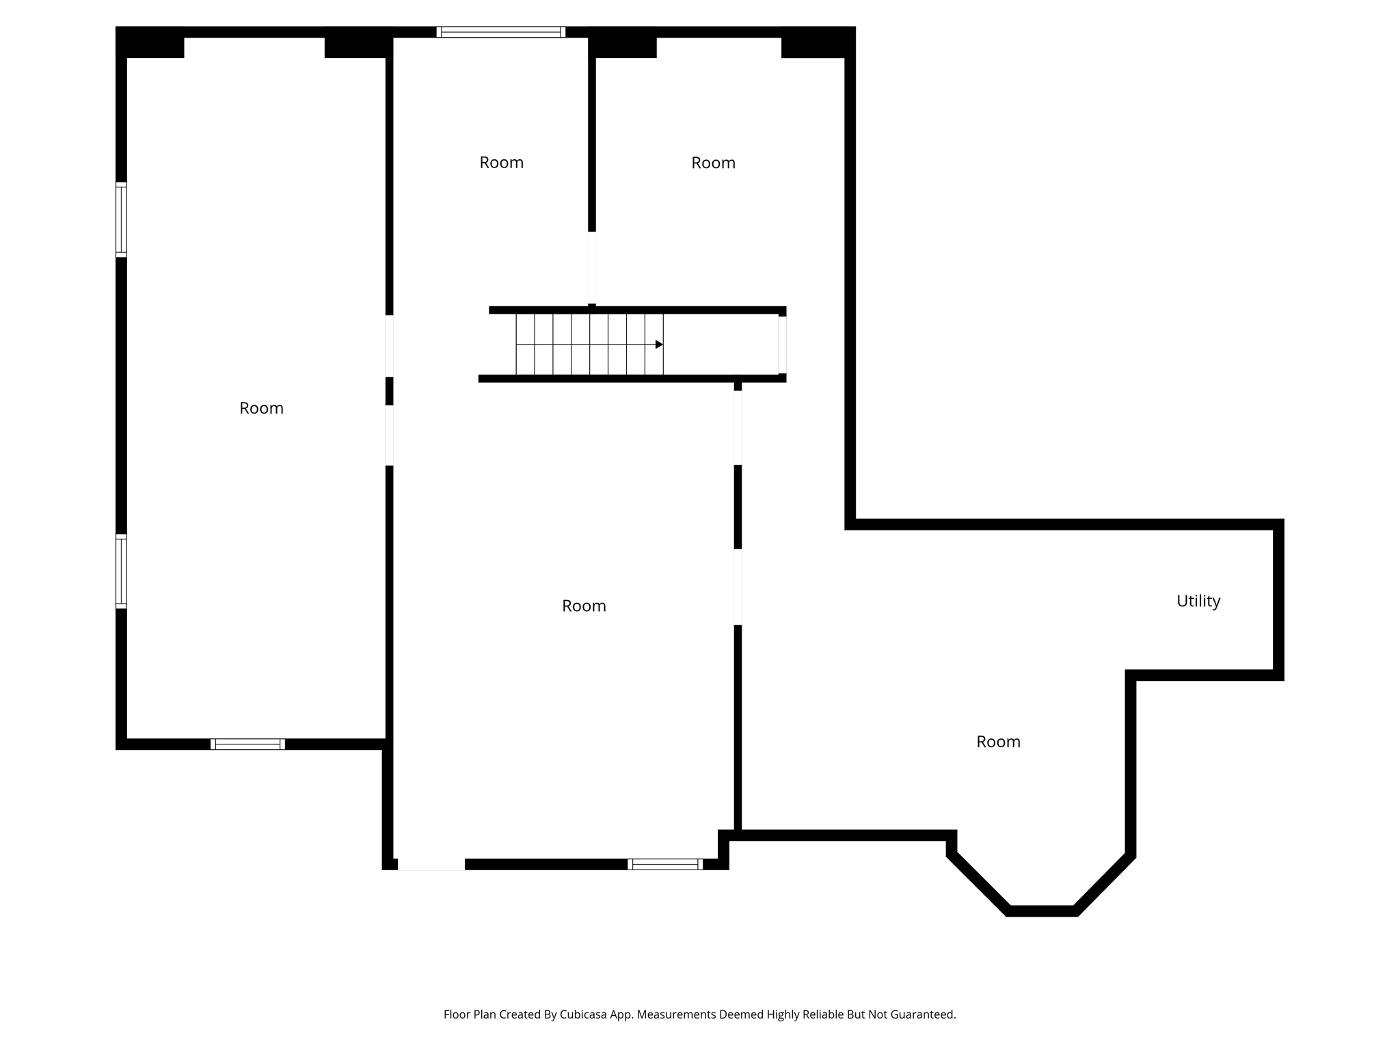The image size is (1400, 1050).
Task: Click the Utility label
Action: point(1198,601)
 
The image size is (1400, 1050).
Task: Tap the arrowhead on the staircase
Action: point(659,345)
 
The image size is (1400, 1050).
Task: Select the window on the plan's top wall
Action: point(501,32)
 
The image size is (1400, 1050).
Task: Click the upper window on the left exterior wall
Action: point(121,220)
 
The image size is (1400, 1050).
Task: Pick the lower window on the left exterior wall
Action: point(121,571)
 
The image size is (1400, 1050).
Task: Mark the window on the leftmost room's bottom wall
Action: point(247,744)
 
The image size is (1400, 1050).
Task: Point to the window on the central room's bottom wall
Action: point(665,864)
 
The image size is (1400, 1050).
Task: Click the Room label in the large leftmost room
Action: point(261,408)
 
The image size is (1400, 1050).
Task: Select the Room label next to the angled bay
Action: point(998,742)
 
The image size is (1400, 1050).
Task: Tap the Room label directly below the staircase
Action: point(584,606)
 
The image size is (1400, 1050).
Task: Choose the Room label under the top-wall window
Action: point(501,163)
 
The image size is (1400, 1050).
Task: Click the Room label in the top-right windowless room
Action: point(713,163)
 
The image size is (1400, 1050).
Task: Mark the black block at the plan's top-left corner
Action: point(150,42)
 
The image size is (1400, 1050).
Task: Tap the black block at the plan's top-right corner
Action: point(818,42)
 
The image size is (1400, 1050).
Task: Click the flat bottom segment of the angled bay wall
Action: point(1042,911)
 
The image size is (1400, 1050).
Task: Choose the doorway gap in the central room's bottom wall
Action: point(431,864)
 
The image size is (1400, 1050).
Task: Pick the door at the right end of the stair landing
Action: point(782,345)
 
